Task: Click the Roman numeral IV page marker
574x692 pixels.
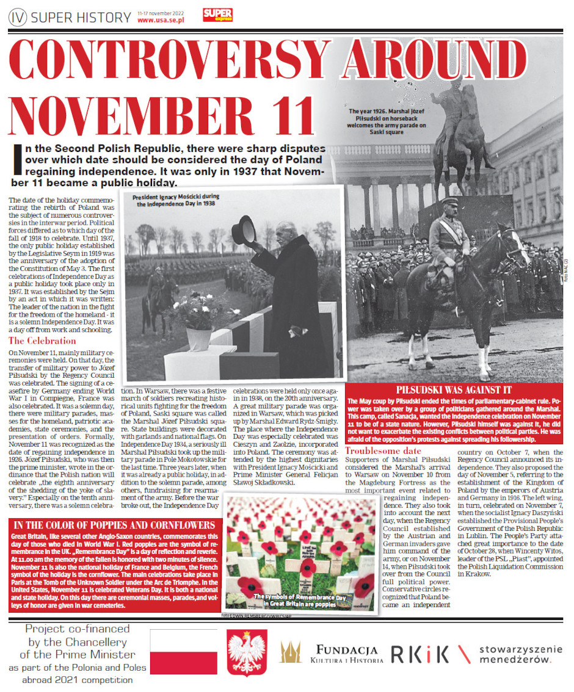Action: [x=17, y=18]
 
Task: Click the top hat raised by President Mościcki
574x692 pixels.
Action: [x=244, y=229]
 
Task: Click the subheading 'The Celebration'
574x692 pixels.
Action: [x=42, y=341]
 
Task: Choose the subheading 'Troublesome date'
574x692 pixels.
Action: [x=383, y=450]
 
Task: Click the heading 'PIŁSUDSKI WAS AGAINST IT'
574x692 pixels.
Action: [x=453, y=389]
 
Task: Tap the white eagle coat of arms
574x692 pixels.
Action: [x=247, y=653]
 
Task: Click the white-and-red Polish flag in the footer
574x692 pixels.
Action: [x=183, y=652]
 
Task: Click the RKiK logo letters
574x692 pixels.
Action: [x=420, y=654]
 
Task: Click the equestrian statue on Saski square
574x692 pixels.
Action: [x=460, y=134]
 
